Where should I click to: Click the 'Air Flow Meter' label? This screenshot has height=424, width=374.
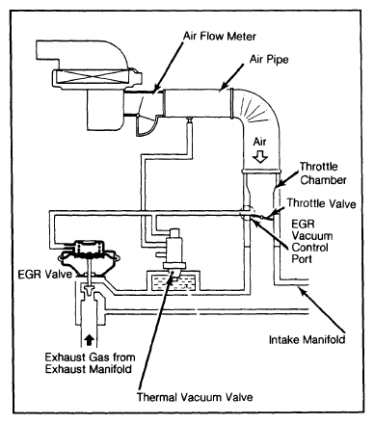click(220, 36)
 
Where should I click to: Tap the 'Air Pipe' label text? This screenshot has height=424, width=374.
click(269, 60)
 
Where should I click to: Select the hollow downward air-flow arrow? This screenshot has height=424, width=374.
click(259, 156)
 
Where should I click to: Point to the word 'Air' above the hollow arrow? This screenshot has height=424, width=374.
click(259, 142)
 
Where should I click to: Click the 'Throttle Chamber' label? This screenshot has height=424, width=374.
click(323, 173)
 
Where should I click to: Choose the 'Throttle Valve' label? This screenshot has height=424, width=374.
click(321, 203)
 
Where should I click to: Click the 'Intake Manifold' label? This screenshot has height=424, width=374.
click(307, 339)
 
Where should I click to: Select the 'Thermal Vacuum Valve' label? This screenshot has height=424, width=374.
click(195, 397)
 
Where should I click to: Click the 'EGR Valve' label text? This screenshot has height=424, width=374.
click(45, 275)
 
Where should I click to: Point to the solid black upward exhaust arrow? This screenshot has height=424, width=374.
click(89, 340)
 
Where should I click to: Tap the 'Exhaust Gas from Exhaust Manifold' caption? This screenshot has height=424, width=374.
click(90, 363)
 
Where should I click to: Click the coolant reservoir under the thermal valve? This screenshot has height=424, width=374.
click(174, 281)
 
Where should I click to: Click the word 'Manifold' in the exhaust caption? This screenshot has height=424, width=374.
click(110, 369)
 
